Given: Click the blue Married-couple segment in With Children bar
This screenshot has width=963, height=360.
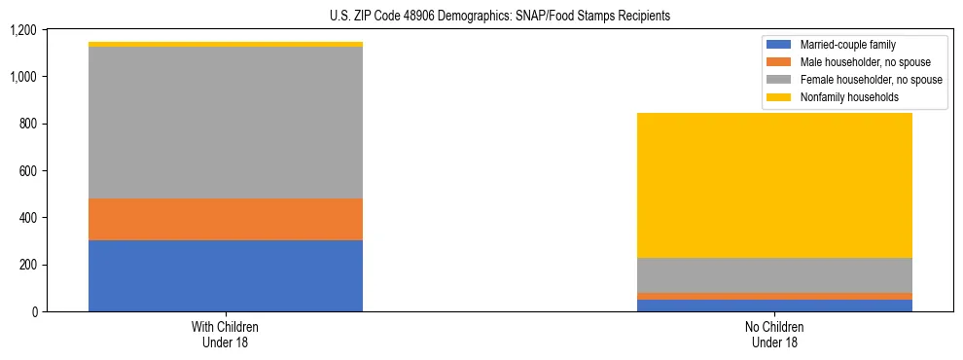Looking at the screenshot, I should tap(226, 275).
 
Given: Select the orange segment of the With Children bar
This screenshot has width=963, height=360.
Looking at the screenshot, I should tap(226, 219).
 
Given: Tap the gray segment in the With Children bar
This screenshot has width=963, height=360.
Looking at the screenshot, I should tap(226, 123).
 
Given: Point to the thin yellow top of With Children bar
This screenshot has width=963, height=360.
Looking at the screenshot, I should tap(226, 44).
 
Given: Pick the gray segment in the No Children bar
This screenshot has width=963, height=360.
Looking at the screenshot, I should tap(774, 275).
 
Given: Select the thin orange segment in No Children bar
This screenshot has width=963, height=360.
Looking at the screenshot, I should tap(774, 296).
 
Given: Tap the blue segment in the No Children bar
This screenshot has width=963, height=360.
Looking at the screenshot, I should tap(774, 306).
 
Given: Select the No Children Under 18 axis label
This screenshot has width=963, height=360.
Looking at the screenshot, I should tap(774, 334).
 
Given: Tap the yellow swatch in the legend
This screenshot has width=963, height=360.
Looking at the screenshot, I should tap(779, 97).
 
